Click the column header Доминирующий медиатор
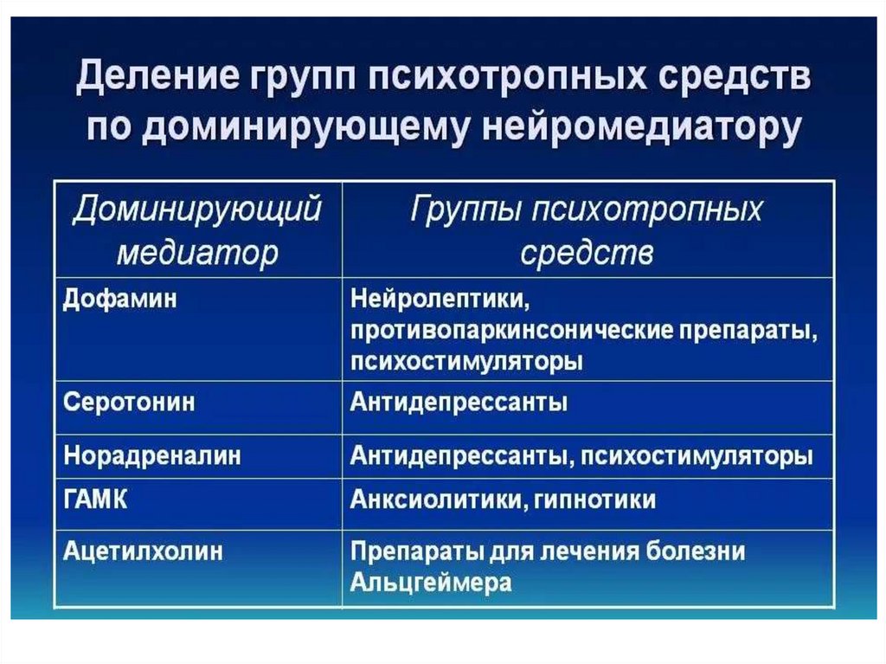[197, 230]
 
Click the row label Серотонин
[129, 403]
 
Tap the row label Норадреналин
[151, 455]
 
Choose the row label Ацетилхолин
[143, 551]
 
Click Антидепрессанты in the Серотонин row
[459, 403]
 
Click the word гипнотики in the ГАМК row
[588, 500]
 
